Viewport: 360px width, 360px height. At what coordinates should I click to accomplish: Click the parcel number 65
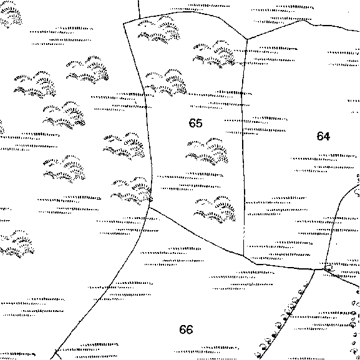196,123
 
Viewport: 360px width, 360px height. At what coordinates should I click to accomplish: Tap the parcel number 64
323,136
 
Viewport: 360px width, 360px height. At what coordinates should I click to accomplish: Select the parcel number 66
186,329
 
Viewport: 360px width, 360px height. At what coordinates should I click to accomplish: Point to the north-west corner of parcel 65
124,23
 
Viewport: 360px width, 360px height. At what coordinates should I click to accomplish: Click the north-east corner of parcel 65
247,39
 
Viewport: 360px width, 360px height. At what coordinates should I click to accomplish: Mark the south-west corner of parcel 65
149,207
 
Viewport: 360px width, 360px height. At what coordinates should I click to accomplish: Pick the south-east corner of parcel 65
243,255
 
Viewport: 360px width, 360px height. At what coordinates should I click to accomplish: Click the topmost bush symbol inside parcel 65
159,30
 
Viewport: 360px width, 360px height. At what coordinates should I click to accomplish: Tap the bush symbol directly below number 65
207,152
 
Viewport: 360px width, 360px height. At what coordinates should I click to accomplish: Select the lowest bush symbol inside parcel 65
215,210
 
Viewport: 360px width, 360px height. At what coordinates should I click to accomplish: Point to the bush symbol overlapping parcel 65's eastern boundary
214,54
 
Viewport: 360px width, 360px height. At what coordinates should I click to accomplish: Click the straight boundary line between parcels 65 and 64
243,147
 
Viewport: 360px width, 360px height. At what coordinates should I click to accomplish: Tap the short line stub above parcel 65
139,9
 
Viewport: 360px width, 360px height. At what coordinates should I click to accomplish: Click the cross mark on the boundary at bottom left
56,352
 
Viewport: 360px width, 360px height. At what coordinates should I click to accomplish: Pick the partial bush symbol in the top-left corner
11,14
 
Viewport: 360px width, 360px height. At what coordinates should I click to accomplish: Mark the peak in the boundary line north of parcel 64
303,21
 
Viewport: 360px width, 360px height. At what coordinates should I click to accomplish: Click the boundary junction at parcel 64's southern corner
324,269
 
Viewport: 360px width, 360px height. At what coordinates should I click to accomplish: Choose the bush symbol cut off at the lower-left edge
16,244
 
